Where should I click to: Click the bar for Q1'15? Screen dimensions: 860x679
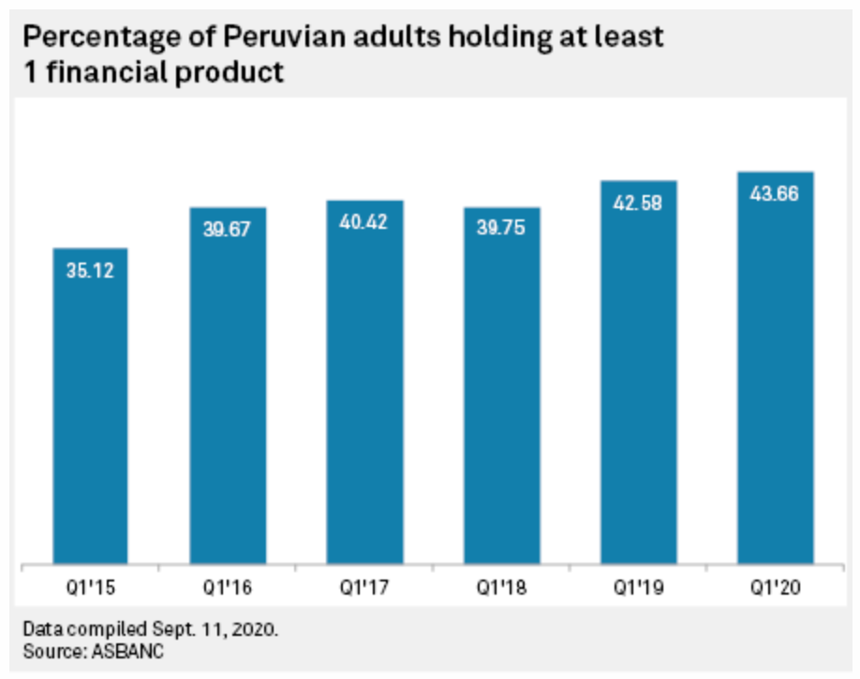[91, 406]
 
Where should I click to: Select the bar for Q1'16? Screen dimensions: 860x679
[228, 385]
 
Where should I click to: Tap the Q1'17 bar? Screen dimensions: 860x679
[364, 382]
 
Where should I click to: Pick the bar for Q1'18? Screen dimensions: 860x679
[502, 385]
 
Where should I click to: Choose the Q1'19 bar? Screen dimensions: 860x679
[639, 372]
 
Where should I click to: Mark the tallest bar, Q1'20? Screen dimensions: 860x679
[776, 368]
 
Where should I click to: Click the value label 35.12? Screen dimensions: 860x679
[90, 271]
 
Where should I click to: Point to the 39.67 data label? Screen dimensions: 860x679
[227, 229]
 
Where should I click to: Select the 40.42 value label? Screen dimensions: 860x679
[363, 222]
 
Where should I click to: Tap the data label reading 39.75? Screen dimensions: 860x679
[501, 227]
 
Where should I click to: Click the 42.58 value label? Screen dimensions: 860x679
[638, 204]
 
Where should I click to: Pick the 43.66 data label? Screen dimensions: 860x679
[775, 194]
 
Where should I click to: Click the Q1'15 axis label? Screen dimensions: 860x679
[91, 588]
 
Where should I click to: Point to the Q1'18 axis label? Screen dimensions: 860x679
[501, 588]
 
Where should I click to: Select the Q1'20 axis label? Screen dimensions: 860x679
[776, 588]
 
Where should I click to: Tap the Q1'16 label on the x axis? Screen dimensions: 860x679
[228, 588]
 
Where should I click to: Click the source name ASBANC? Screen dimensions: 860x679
[127, 652]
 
